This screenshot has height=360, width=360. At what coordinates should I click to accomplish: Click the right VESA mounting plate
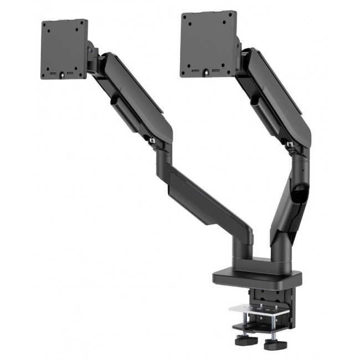point(207,44)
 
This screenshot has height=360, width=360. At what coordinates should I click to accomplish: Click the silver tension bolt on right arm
point(290,145)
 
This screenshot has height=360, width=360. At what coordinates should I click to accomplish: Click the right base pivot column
point(277,244)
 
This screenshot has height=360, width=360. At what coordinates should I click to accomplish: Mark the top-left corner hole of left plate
point(47,27)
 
